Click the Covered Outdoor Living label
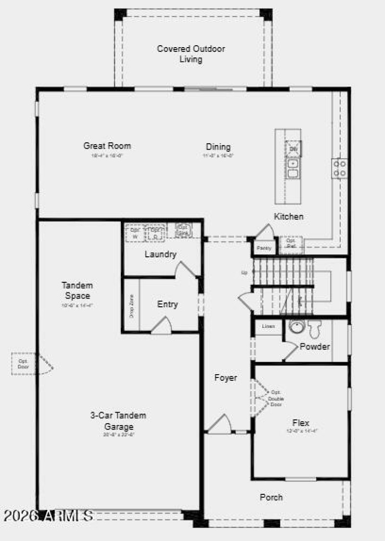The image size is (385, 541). [x=191, y=54]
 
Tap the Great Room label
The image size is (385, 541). [x=107, y=146]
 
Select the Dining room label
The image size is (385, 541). [x=218, y=147]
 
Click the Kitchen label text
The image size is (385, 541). [x=289, y=216]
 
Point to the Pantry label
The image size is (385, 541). [x=264, y=248]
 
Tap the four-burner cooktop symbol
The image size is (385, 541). [x=339, y=168]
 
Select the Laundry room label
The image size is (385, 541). [x=160, y=254]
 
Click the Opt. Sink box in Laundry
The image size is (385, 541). [x=183, y=230]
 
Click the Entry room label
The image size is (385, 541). [x=167, y=304]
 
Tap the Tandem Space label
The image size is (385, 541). [x=77, y=290]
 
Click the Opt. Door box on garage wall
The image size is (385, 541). [x=24, y=364]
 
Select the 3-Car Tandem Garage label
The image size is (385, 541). [x=118, y=421]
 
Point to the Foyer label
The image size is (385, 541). [x=226, y=378]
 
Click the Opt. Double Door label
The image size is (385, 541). [x=276, y=398]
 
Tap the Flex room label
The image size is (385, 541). [x=301, y=423]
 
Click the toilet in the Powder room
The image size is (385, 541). [x=315, y=329]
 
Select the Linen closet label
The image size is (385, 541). [x=269, y=327]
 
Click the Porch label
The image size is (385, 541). [x=271, y=497]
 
